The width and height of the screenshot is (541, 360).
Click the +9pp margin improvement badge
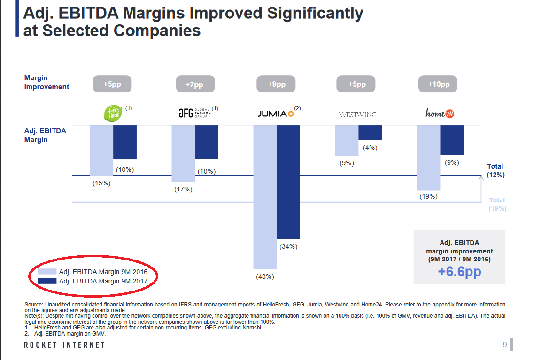pyautogui.click(x=277, y=84)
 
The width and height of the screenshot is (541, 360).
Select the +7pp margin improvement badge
pyautogui.click(x=195, y=84)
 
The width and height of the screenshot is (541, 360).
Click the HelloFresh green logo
pyautogui.click(x=112, y=114)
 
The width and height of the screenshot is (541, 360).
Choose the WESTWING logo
pyautogui.click(x=357, y=115)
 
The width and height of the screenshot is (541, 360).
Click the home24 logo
pyautogui.click(x=440, y=113)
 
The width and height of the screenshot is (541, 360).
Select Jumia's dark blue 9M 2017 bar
pyautogui.click(x=288, y=182)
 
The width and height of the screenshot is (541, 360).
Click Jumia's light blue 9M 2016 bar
pyautogui.click(x=265, y=197)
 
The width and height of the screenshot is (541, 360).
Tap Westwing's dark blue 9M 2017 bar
pyautogui.click(x=370, y=133)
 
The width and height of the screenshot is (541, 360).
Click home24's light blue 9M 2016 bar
pyautogui.click(x=428, y=158)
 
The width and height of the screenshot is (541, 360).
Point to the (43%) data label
pyautogui.click(x=265, y=276)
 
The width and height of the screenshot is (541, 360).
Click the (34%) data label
pyautogui.click(x=288, y=246)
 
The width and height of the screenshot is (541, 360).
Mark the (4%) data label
pyautogui.click(x=370, y=147)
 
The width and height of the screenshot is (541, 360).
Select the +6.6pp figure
pyautogui.click(x=459, y=272)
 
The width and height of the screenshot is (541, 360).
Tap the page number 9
pyautogui.click(x=505, y=345)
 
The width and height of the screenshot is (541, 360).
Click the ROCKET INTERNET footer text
pyautogui.click(x=65, y=345)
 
